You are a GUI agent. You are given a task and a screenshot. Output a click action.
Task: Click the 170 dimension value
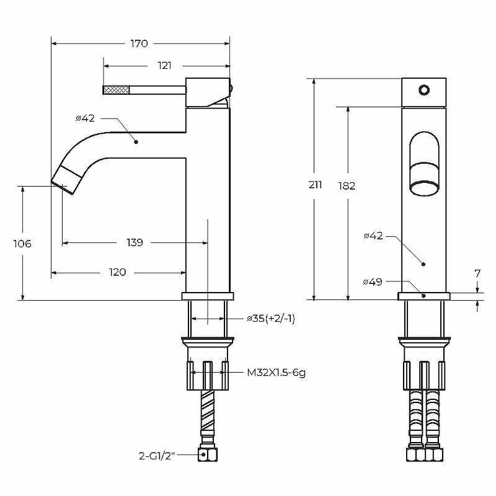[139, 43]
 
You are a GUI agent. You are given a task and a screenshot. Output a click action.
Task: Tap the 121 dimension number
[164, 66]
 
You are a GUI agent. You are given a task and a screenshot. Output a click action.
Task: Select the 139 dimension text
[135, 242]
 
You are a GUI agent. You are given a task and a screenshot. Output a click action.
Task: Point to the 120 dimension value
[117, 272]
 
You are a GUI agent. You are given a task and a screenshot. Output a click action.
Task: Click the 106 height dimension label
[22, 244]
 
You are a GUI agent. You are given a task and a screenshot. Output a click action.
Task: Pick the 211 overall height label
[315, 184]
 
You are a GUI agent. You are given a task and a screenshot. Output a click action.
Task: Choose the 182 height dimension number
[347, 185]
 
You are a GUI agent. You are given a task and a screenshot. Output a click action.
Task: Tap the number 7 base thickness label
[477, 273]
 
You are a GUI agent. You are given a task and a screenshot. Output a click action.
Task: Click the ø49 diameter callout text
[373, 281]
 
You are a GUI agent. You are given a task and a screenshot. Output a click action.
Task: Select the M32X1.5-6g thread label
[276, 373]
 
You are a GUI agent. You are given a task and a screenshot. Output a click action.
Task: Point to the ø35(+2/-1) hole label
[271, 319]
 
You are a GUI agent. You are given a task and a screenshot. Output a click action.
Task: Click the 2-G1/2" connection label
[157, 456]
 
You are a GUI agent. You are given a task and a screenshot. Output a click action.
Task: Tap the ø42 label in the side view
[85, 118]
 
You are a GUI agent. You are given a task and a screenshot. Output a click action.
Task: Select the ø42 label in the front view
[373, 236]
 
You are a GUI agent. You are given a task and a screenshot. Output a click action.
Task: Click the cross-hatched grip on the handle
[117, 90]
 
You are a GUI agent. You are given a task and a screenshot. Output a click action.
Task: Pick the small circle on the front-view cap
[424, 90]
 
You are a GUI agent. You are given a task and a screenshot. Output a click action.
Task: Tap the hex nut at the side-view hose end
[208, 454]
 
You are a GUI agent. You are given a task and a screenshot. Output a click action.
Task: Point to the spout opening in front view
[424, 188]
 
